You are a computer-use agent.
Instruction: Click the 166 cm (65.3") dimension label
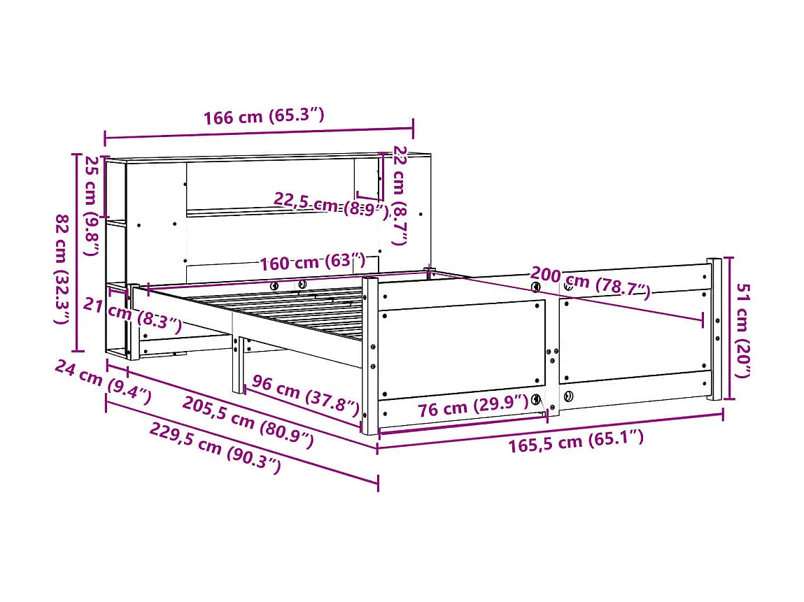coord(264,116)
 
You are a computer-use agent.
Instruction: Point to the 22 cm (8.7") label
coord(400,195)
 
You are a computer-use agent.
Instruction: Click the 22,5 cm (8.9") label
coord(330,205)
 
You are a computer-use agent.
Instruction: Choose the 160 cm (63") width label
coord(312,263)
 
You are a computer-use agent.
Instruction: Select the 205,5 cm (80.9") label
coord(248,422)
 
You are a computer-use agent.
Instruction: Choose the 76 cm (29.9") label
coord(472,406)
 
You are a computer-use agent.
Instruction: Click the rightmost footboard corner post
coord(714,329)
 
